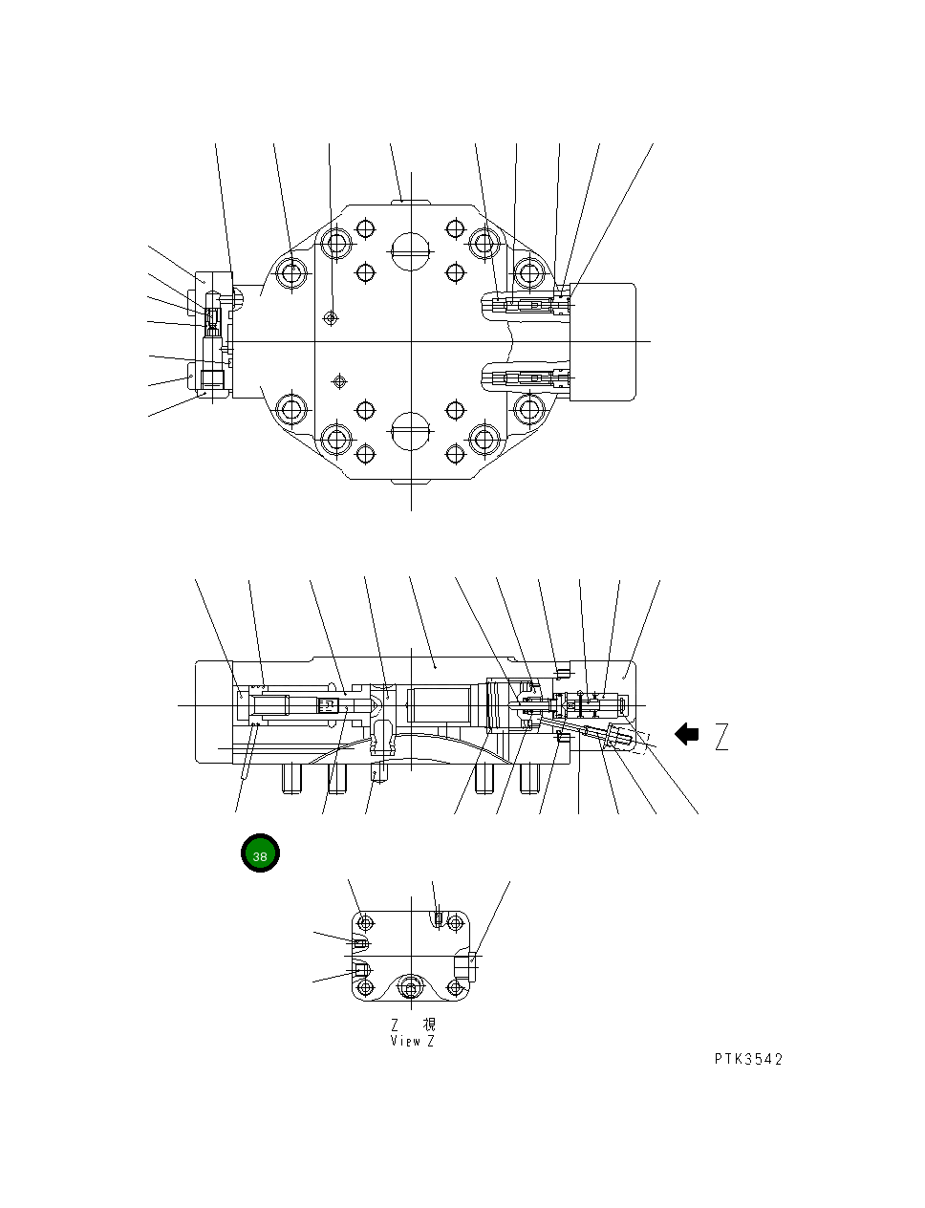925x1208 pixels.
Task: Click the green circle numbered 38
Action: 259,853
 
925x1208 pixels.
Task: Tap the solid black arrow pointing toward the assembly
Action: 686,734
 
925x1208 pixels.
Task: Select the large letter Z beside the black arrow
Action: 721,737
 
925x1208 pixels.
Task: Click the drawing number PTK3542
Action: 748,1059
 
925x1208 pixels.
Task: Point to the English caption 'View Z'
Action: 412,1041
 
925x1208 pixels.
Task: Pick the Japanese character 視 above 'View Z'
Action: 429,1025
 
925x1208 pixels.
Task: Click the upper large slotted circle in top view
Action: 411,250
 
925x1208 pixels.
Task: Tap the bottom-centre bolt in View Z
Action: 411,988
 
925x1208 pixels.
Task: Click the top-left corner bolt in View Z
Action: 364,922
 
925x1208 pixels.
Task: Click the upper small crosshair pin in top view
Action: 331,317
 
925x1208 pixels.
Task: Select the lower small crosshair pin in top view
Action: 336,381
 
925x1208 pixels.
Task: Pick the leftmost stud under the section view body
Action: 291,779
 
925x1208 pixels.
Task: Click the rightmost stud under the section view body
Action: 528,779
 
